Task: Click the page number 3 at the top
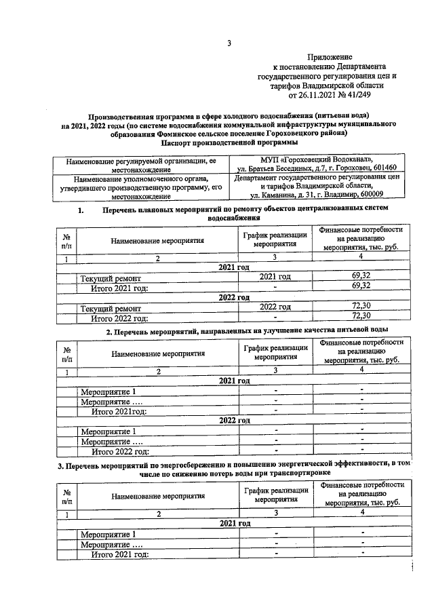pos(229,44)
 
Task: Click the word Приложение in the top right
pos(329,58)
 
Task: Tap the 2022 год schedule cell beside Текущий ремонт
pos(275,307)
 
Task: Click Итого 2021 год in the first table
pos(119,287)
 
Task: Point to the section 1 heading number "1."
pos(81,210)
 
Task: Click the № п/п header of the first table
pos(66,242)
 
